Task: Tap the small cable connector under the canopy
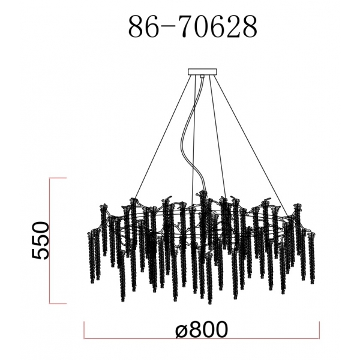click(x=202, y=77)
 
